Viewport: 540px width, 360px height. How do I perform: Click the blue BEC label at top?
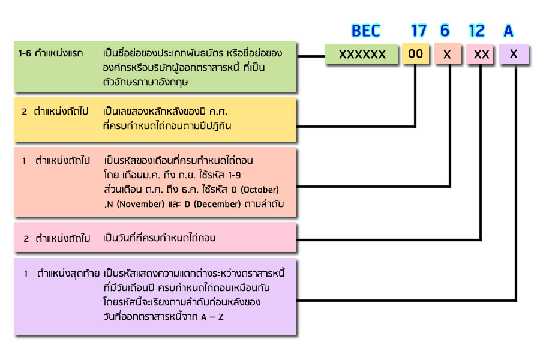coord(365,31)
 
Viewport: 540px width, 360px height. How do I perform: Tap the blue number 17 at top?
coord(419,31)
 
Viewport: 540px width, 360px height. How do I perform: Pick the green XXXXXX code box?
coord(362,55)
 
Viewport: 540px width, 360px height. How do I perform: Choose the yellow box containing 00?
coord(416,55)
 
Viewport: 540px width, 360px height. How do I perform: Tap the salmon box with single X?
coord(447,55)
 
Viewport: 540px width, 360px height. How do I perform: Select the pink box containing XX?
coord(481,55)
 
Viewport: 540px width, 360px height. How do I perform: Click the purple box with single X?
coord(514,55)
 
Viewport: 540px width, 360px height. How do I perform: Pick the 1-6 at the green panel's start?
coord(25,53)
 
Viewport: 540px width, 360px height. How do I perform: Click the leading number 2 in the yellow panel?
coord(25,112)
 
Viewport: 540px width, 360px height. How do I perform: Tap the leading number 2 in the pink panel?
coord(26,238)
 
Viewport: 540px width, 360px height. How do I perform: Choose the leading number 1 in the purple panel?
coord(26,274)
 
